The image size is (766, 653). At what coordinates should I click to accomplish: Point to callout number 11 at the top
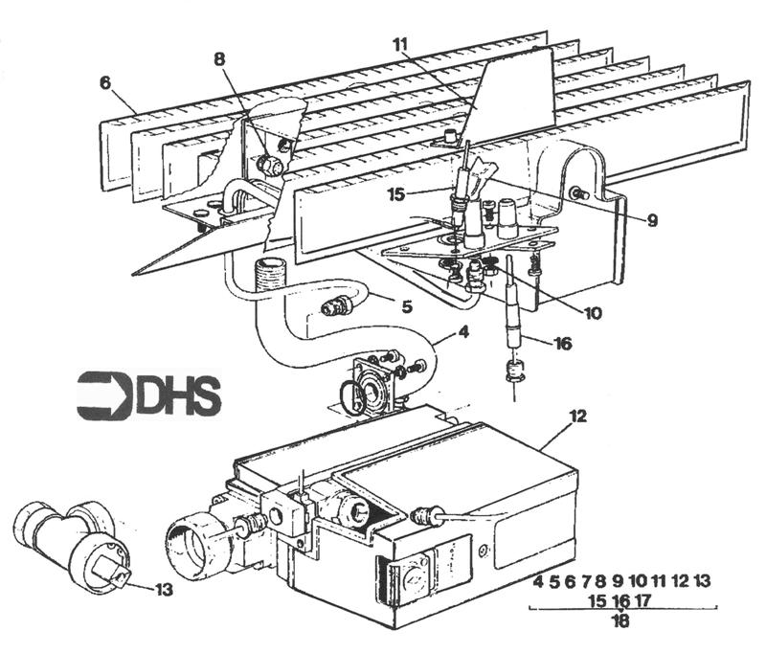pos(400,43)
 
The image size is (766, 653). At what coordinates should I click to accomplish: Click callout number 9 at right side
pos(652,220)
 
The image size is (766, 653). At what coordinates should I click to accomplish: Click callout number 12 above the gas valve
pos(603,417)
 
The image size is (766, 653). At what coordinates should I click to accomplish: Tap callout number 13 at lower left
pos(167,589)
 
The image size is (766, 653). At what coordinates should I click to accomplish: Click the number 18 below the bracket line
pos(620,621)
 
